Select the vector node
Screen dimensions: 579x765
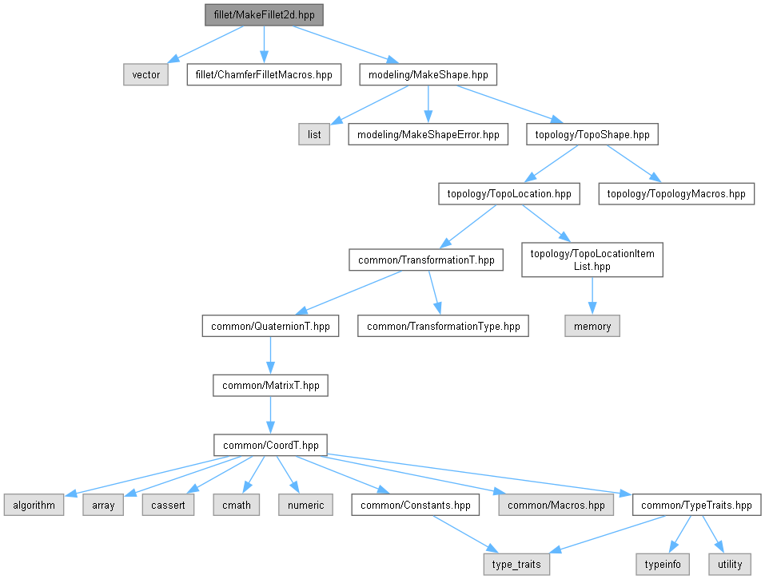click(x=145, y=75)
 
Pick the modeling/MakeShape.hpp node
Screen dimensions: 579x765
click(x=428, y=75)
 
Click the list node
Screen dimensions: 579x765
click(x=314, y=134)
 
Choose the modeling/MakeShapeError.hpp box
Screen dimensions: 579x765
click(x=428, y=134)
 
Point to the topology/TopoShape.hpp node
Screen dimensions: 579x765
click(x=592, y=134)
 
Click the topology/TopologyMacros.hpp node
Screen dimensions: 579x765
click(x=676, y=193)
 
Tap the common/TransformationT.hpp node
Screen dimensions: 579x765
click(x=426, y=260)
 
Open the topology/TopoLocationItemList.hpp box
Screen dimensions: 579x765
click(x=592, y=260)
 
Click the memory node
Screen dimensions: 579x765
click(x=592, y=326)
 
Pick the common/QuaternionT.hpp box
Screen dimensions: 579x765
click(x=270, y=326)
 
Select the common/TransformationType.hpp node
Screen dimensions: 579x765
click(x=443, y=326)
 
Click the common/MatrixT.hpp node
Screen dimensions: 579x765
click(x=270, y=385)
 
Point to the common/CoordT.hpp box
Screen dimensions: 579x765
click(x=270, y=445)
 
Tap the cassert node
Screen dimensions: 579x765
click(x=169, y=505)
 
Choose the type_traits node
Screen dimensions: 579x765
click(x=517, y=564)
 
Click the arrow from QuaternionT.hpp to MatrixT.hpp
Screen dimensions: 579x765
click(x=270, y=355)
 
